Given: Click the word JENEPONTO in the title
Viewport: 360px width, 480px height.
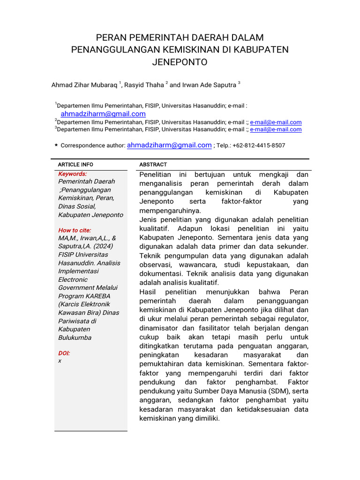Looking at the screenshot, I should [x=180, y=62].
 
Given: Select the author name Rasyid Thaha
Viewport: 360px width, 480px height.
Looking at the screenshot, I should [x=144, y=85].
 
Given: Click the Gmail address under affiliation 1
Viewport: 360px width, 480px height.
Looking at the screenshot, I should [x=103, y=114].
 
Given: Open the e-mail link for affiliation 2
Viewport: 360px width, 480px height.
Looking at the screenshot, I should [x=276, y=122].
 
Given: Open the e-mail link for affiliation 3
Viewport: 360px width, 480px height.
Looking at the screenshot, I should [x=276, y=129].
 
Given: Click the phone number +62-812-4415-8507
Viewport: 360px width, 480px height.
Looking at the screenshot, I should [x=258, y=146].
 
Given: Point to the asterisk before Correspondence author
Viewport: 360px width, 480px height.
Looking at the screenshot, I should [x=56, y=146].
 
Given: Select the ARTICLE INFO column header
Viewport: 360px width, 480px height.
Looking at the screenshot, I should [x=75, y=165].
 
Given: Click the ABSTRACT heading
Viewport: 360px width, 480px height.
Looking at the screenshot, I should [x=153, y=165].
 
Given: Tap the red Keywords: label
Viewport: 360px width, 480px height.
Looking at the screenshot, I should [x=72, y=174].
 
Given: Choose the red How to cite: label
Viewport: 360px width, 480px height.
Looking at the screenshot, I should [x=75, y=230].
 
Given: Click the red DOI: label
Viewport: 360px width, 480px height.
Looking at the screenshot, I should [x=64, y=353].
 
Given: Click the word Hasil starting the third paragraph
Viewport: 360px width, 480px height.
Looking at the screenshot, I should [x=148, y=292].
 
